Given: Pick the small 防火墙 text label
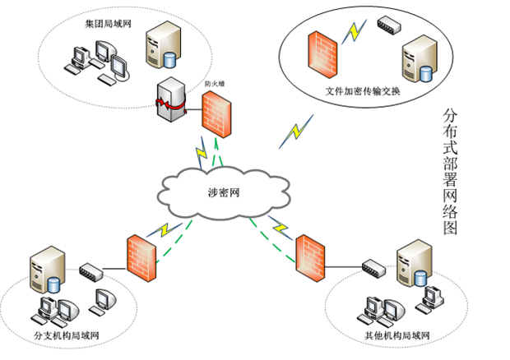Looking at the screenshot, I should (216, 84).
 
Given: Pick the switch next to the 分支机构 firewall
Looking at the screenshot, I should (91, 269).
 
